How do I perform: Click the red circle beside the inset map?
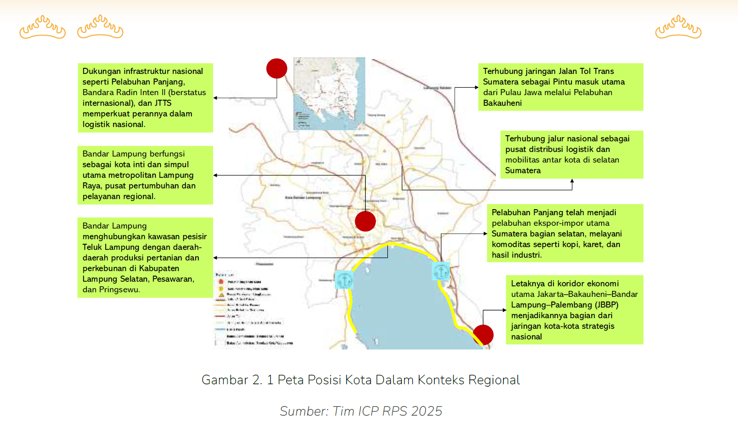coord(277,69)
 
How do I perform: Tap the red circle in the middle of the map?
coord(365,221)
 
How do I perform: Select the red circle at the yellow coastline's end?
coord(483,335)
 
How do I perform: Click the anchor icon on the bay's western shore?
coord(344,280)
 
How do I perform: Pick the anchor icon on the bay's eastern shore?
coord(440,271)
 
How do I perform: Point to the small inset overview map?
coord(329,93)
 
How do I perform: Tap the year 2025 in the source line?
coord(427,411)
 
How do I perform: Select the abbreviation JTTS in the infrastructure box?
coord(163,103)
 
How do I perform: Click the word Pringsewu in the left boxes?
coord(119,289)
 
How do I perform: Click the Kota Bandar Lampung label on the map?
coord(303,198)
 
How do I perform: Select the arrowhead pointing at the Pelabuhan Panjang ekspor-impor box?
coord(485,234)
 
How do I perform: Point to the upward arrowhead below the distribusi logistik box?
coord(572,181)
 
